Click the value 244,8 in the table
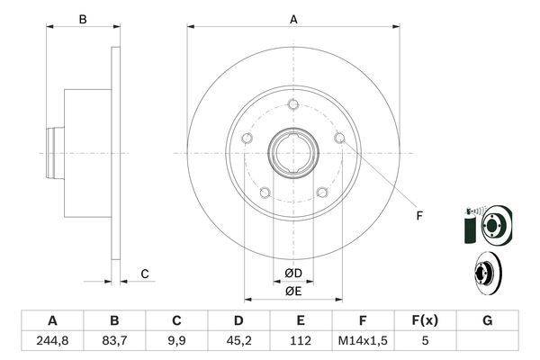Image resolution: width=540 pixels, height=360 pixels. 52,340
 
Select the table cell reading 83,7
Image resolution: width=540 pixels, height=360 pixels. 114,340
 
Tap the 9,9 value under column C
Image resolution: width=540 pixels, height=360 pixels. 176,340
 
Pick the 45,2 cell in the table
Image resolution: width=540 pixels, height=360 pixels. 238,340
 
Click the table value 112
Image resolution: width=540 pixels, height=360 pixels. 301,340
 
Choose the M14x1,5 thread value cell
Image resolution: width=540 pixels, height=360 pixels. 363,340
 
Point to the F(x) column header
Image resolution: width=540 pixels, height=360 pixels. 425,320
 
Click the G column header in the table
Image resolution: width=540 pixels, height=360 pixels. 487,320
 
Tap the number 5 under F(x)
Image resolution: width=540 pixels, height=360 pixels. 425,340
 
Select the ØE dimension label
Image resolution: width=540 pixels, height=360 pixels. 293,291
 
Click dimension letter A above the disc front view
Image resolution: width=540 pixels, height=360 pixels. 293,19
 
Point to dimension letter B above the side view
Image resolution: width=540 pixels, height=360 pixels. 82,19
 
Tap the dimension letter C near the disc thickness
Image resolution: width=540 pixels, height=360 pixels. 143,274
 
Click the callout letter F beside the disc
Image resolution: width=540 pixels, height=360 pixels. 418,214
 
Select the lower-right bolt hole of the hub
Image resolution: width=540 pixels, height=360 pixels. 322,192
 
